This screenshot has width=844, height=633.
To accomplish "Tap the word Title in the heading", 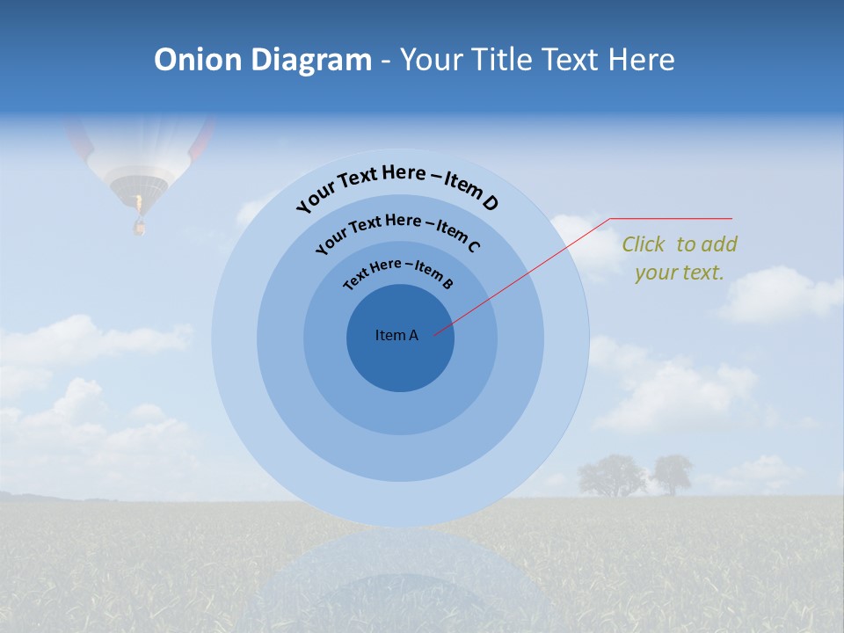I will tap(503, 60).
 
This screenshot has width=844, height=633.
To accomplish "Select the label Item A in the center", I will tap(397, 335).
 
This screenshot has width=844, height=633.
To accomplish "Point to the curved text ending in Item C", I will tap(397, 229).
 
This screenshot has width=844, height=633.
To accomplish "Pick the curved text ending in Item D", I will tap(397, 184).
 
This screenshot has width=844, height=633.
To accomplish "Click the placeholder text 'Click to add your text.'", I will tap(680, 258).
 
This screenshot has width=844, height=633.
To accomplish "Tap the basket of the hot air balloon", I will tap(138, 227).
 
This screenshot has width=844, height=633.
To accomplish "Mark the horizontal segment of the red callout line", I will tap(672, 218).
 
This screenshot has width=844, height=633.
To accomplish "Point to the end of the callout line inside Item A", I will tap(435, 334).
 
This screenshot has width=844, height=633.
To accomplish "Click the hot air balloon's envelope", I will tap(141, 149).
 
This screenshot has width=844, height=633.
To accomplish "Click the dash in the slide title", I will tap(386, 61).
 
